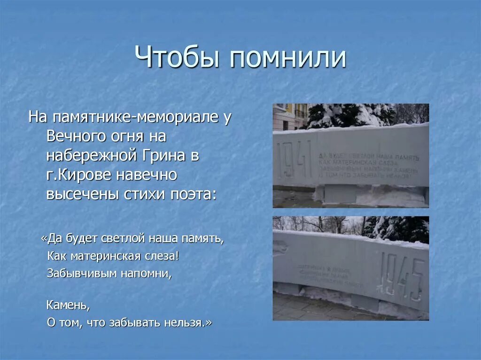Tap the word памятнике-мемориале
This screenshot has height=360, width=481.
[x=136, y=117]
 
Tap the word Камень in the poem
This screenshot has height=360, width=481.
[x=67, y=306]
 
